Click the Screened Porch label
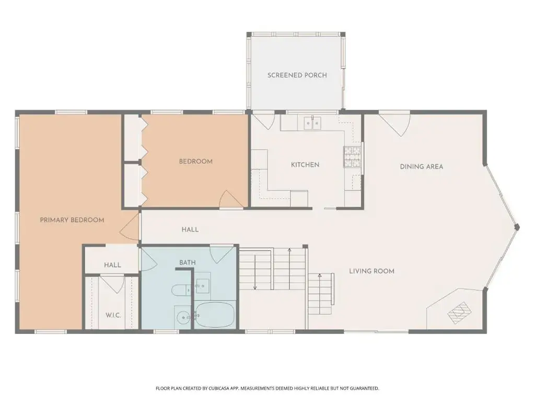tap(297, 75)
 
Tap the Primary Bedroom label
tap(72, 220)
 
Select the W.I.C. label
tap(113, 315)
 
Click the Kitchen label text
tap(305, 165)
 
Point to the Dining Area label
tap(422, 167)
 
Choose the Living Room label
tap(371, 271)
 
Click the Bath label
tap(188, 263)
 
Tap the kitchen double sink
tap(312, 122)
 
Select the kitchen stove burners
tap(352, 157)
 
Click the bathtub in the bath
tap(215, 315)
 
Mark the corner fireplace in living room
tap(459, 312)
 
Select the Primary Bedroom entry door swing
tap(130, 225)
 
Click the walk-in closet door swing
tap(111, 284)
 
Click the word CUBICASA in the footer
tap(221, 388)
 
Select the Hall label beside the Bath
tap(112, 265)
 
